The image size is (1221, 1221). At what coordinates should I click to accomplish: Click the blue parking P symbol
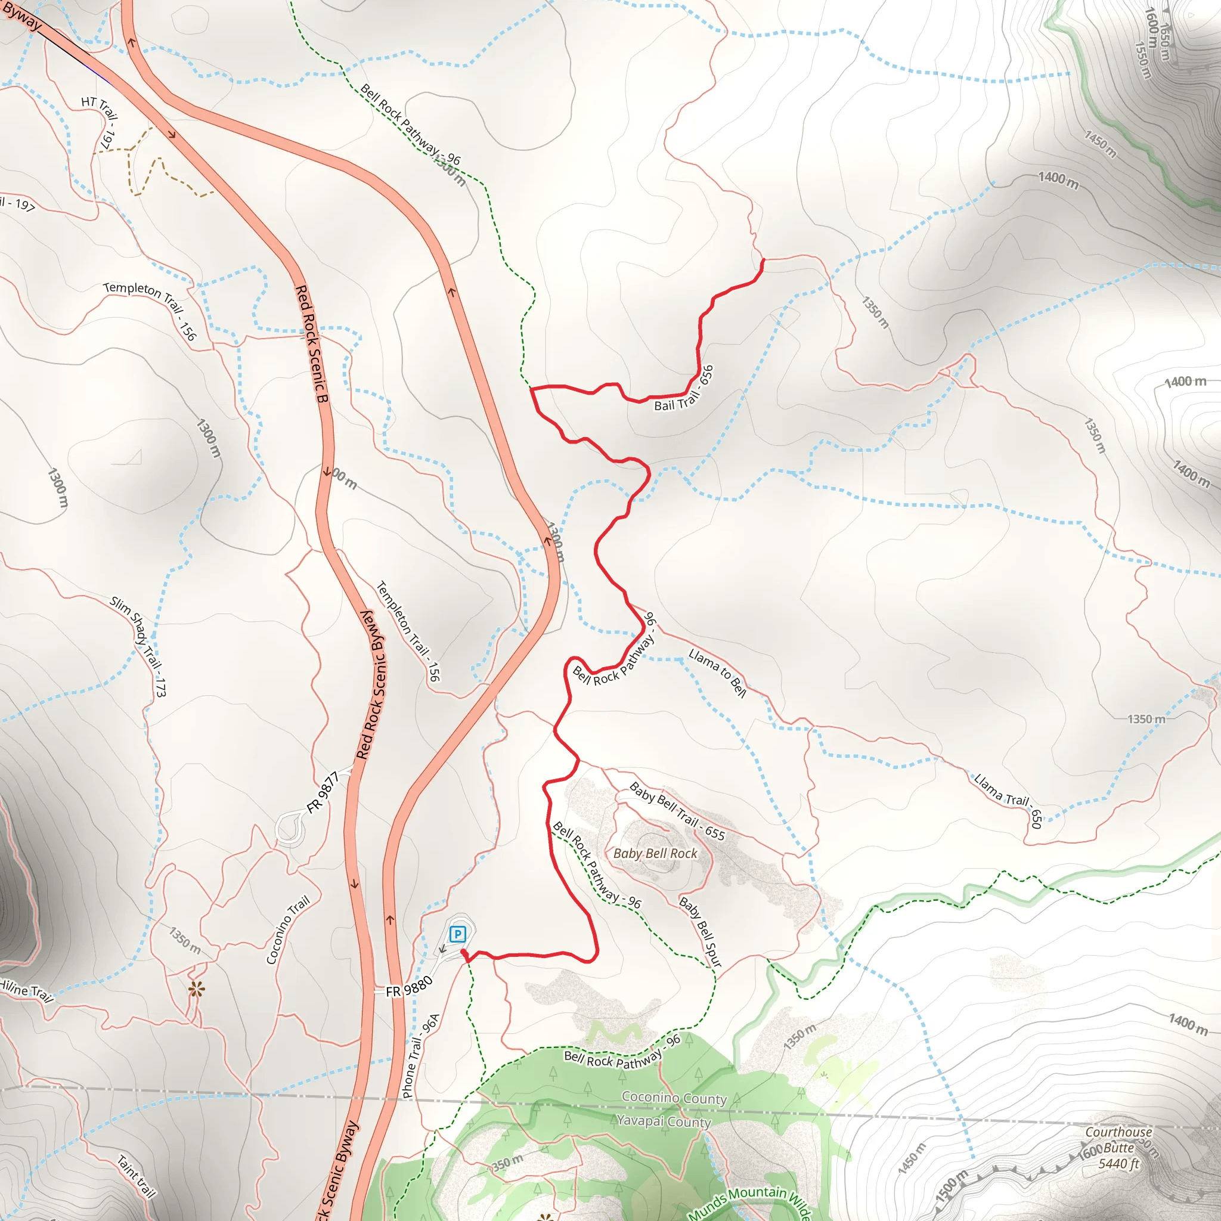(x=457, y=934)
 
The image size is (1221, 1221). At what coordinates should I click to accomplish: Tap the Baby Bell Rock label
(x=655, y=853)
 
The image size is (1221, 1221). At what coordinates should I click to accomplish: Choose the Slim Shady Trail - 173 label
(x=138, y=646)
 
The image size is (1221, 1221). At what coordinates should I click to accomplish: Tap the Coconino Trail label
(x=287, y=929)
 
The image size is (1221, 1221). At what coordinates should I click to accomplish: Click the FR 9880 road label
(x=409, y=987)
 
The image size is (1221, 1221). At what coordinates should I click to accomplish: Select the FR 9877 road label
(x=323, y=792)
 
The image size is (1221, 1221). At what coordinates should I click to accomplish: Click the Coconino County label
(x=674, y=1098)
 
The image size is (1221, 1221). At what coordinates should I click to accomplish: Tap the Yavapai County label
(x=664, y=1122)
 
